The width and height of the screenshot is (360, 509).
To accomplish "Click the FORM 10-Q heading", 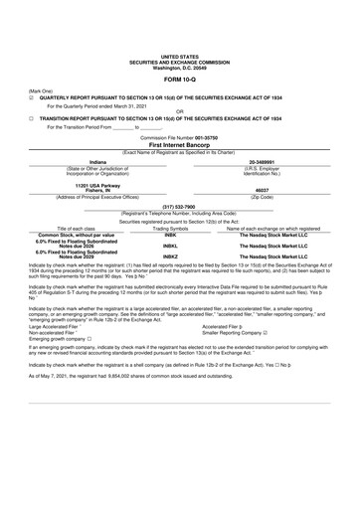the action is [179, 79].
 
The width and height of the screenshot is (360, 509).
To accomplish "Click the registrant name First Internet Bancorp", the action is [179, 144].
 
